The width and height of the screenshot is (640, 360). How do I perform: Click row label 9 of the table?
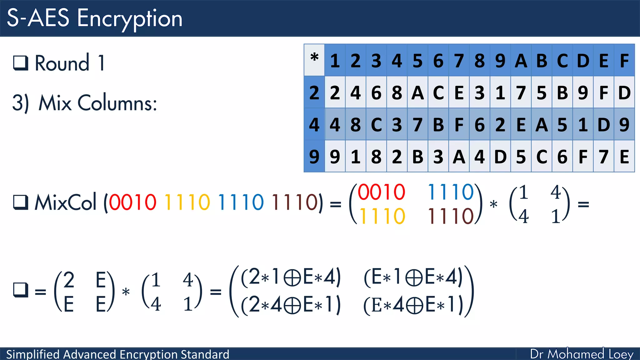[314, 157]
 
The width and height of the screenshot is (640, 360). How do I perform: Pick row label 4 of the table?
[314, 124]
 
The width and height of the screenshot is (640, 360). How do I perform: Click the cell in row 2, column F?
[624, 93]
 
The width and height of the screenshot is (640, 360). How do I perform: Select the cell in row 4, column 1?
[335, 124]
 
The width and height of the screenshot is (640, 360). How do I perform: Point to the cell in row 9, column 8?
[479, 157]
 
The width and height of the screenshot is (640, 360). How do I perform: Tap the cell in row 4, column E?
[603, 124]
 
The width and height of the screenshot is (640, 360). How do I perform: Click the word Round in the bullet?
[62, 63]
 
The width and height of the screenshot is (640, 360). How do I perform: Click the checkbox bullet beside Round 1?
[21, 63]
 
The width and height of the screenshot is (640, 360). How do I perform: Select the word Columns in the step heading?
[117, 103]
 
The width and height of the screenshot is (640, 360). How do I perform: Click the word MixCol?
[65, 202]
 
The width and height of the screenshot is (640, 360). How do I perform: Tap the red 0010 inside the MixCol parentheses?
[132, 202]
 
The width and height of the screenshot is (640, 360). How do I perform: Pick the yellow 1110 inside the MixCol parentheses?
[187, 202]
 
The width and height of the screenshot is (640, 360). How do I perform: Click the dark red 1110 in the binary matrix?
[451, 216]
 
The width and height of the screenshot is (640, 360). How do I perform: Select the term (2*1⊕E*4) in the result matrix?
[291, 277]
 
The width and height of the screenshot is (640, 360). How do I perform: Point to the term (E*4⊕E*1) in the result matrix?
[413, 305]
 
